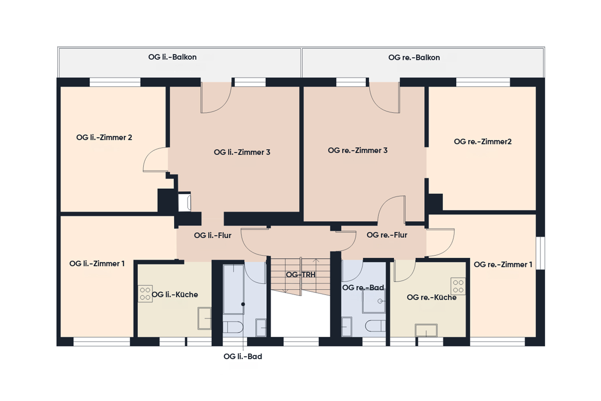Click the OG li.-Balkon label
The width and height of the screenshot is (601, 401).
[x=172, y=57]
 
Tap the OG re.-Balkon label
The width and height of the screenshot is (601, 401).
[x=414, y=57]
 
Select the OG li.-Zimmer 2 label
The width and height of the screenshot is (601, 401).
[x=104, y=138]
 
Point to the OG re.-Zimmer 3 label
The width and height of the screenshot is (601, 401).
[x=358, y=150]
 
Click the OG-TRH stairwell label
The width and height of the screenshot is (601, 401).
[x=300, y=275]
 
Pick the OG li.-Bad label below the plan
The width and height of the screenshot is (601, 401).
[x=243, y=356]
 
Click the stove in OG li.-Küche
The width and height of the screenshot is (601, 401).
[x=145, y=294]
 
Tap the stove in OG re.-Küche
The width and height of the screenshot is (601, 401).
[x=458, y=286]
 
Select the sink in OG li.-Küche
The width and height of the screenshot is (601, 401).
[x=204, y=318]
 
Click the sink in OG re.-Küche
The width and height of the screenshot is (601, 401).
[x=426, y=330]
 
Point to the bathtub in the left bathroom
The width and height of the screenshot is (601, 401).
[x=234, y=289]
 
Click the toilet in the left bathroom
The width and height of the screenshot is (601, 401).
[x=233, y=327]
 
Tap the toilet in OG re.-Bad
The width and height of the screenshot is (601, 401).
[x=375, y=326]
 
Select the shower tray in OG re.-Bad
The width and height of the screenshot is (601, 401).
[x=374, y=302]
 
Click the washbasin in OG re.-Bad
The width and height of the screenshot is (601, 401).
[x=347, y=326]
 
